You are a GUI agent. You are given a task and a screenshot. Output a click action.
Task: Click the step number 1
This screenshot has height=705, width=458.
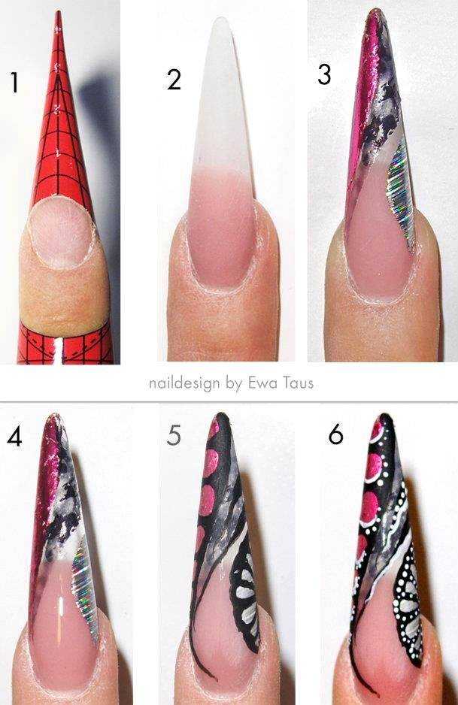[x=15, y=83]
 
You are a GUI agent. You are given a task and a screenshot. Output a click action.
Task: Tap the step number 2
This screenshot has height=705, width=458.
[x=174, y=80]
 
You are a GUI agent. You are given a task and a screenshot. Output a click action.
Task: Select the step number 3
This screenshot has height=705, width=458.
[x=324, y=74]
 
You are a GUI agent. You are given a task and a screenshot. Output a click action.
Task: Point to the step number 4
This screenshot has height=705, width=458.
[x=14, y=437]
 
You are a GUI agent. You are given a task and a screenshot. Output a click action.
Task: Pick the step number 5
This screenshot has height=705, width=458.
[x=174, y=436]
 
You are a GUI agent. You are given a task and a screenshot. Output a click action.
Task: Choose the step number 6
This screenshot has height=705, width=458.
[x=335, y=434]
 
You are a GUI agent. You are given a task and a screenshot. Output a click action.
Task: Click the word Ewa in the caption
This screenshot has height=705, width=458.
[x=262, y=383]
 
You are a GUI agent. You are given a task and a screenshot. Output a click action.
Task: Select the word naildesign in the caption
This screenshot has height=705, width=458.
[x=184, y=383]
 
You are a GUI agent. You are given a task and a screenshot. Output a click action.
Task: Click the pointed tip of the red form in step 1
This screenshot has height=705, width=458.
[x=58, y=12]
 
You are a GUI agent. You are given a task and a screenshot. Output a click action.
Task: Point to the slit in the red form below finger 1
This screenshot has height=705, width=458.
[x=59, y=351]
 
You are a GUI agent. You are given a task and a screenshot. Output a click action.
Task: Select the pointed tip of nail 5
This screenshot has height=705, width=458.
[x=221, y=416]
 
